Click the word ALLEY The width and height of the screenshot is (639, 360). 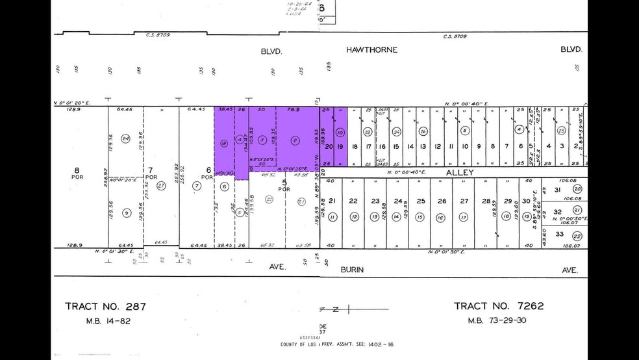click(460, 172)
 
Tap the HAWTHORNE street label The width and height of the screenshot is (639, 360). click(371, 50)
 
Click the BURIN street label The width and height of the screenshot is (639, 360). click(350, 270)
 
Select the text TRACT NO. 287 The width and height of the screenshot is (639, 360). click(106, 306)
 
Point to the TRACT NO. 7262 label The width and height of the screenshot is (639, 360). click(499, 306)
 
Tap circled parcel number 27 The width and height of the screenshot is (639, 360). click(160, 185)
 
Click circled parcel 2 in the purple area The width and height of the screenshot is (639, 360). click(295, 139)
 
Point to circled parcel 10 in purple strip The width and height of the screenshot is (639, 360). click(340, 132)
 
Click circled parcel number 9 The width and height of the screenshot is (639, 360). click(126, 212)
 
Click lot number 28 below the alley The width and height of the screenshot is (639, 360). click(486, 201)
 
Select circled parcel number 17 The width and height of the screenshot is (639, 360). click(463, 217)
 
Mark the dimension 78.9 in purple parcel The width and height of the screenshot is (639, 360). click(293, 110)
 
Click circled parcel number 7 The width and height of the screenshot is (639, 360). click(197, 186)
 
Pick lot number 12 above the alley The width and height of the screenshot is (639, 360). click(438, 147)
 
